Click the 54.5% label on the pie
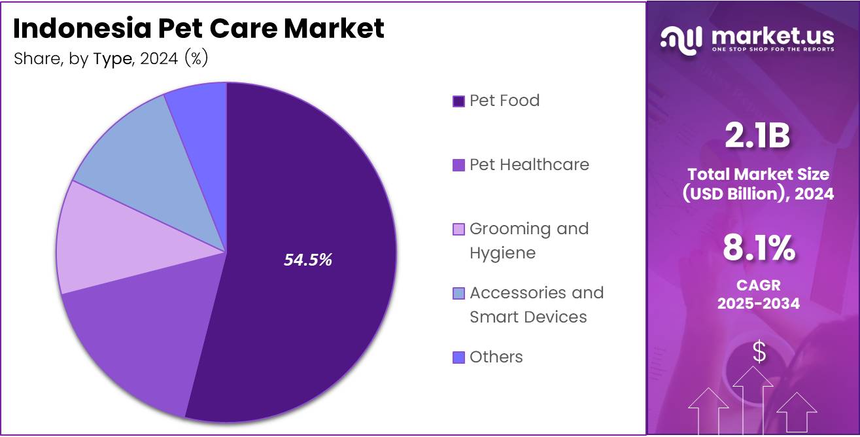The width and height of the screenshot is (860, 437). (x=307, y=260)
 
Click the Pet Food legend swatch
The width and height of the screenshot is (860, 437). (x=458, y=101)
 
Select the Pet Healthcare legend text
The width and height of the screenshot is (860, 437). (x=529, y=165)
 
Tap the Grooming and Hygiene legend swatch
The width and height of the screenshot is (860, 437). (x=458, y=230)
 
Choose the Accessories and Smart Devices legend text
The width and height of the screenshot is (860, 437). (x=536, y=305)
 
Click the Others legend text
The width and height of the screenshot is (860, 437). (x=496, y=357)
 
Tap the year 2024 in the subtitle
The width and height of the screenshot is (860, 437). (x=160, y=59)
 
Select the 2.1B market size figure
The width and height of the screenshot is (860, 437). (x=757, y=136)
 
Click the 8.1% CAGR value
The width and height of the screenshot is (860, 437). (x=759, y=249)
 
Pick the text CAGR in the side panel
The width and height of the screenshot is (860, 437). (x=759, y=286)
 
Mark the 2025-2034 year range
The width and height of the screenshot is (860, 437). (x=759, y=304)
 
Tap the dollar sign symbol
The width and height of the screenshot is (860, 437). (x=759, y=353)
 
